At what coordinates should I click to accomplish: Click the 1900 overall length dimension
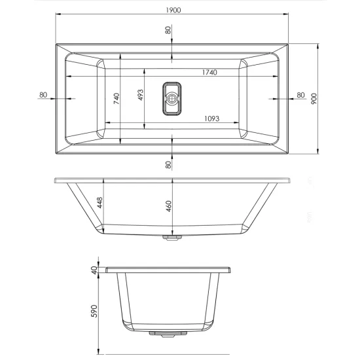tap(173, 10)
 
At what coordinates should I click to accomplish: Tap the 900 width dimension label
tap(314, 99)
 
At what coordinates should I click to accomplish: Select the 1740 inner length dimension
tap(209, 72)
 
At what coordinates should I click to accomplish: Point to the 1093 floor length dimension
tap(211, 118)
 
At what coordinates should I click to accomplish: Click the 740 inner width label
tap(117, 98)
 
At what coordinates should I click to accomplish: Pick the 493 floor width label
tap(140, 95)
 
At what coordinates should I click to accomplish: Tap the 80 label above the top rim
tap(168, 30)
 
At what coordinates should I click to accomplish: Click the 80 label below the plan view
tap(168, 164)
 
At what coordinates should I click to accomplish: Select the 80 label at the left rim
tap(43, 95)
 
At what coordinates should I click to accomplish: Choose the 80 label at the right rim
tap(300, 95)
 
